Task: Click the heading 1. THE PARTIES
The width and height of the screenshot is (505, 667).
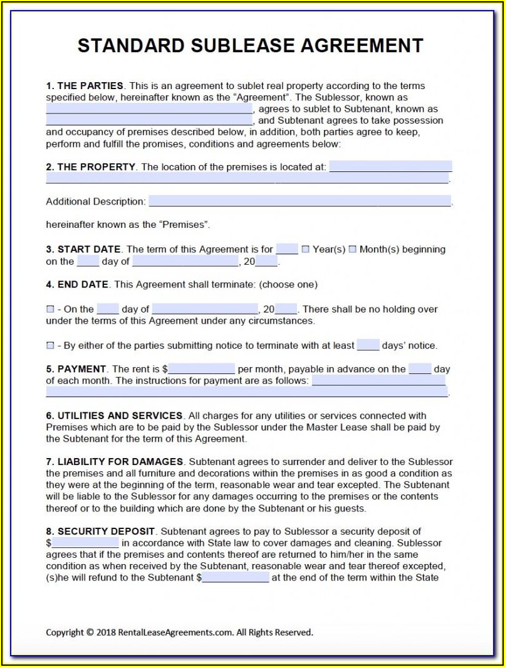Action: [85, 86]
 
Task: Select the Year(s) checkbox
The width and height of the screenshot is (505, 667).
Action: [306, 249]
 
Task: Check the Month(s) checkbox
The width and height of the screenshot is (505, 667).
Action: [352, 249]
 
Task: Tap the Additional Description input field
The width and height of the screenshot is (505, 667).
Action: [299, 201]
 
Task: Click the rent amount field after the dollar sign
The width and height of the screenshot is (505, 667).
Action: [201, 369]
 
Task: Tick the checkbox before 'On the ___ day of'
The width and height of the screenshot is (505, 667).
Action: [50, 309]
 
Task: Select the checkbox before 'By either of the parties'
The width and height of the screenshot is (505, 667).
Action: [50, 346]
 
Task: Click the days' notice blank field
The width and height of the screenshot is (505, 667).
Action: [368, 345]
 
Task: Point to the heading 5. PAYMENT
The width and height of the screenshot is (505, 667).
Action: [76, 369]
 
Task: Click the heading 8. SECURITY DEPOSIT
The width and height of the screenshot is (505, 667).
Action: [100, 531]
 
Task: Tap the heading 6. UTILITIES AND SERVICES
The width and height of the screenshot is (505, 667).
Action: [114, 415]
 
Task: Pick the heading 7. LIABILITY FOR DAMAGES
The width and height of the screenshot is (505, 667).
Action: [114, 462]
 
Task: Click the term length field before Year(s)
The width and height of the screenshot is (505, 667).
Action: [287, 249]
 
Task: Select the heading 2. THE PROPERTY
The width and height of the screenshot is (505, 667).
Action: [90, 167]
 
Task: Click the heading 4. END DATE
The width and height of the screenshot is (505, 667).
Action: [77, 284]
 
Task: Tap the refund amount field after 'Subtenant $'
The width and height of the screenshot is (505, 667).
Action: [236, 578]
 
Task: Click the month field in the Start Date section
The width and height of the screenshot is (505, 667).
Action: [185, 262]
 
